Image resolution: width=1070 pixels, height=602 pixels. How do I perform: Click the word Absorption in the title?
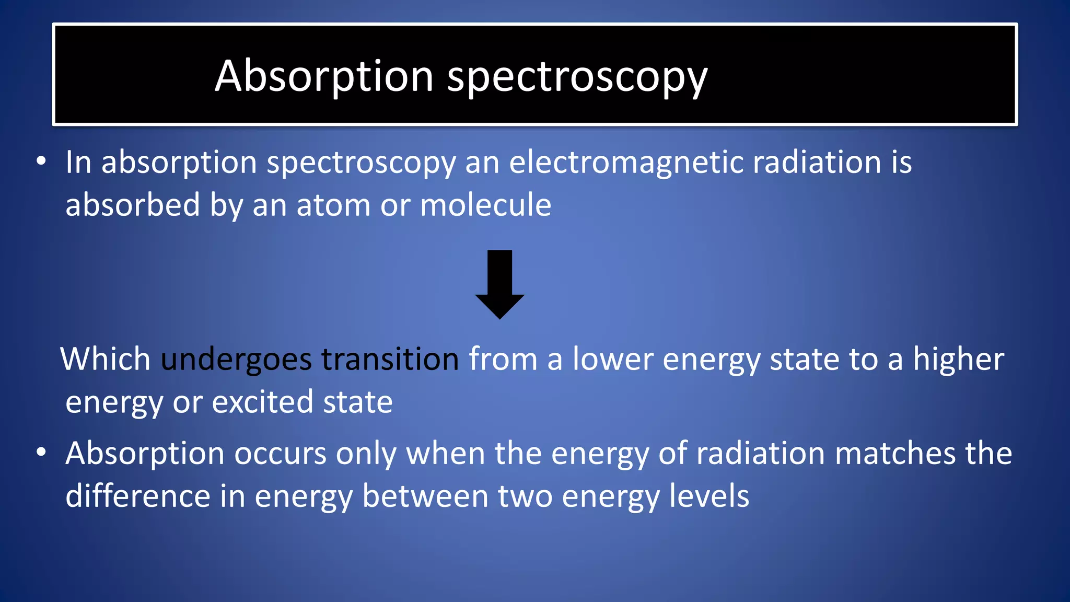point(324,77)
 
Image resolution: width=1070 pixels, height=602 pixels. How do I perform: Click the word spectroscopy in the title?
point(577,78)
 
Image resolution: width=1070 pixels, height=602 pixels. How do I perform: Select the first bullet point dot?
point(41,161)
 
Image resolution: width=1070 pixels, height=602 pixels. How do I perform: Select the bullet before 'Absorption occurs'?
point(41,452)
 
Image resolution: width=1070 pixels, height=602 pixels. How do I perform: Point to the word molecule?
point(485,205)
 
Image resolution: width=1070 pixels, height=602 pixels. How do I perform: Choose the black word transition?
point(390,360)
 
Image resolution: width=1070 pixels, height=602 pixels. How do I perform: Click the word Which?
point(106,360)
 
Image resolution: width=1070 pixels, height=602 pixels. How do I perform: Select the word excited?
point(262,402)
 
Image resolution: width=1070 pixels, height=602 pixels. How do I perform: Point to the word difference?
point(137,496)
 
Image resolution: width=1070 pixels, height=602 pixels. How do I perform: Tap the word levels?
point(709,496)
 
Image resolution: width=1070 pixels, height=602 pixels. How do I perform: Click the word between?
point(425,496)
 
